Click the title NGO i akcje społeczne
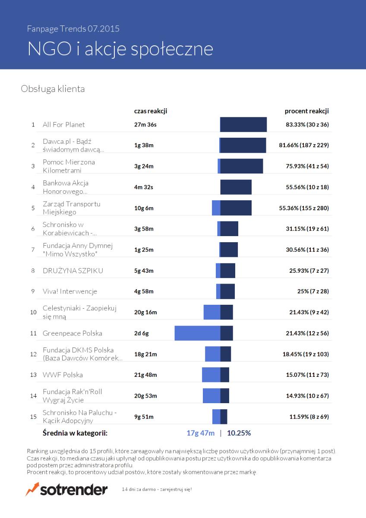pos(120,49)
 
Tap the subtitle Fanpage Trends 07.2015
pos(73,28)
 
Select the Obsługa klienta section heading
pos(53,89)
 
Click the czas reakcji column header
pos(151,111)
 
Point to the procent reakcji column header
pos(306,111)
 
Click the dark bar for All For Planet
pos(243,124)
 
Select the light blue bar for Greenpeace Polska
pos(197,333)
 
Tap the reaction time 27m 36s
pos(145,125)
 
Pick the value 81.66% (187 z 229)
pos(304,145)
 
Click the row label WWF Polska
pos(63,375)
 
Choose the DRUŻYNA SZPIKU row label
pos(73,270)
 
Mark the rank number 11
pos(33,333)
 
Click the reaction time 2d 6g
pos(141,333)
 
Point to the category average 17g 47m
pos(200,433)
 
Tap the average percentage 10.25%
pos(239,433)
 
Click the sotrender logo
pos(66,490)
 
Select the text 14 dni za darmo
pos(139,490)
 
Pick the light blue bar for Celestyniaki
pos(212,312)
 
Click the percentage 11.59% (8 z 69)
pos(309,417)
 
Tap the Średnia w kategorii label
pos(75,433)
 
